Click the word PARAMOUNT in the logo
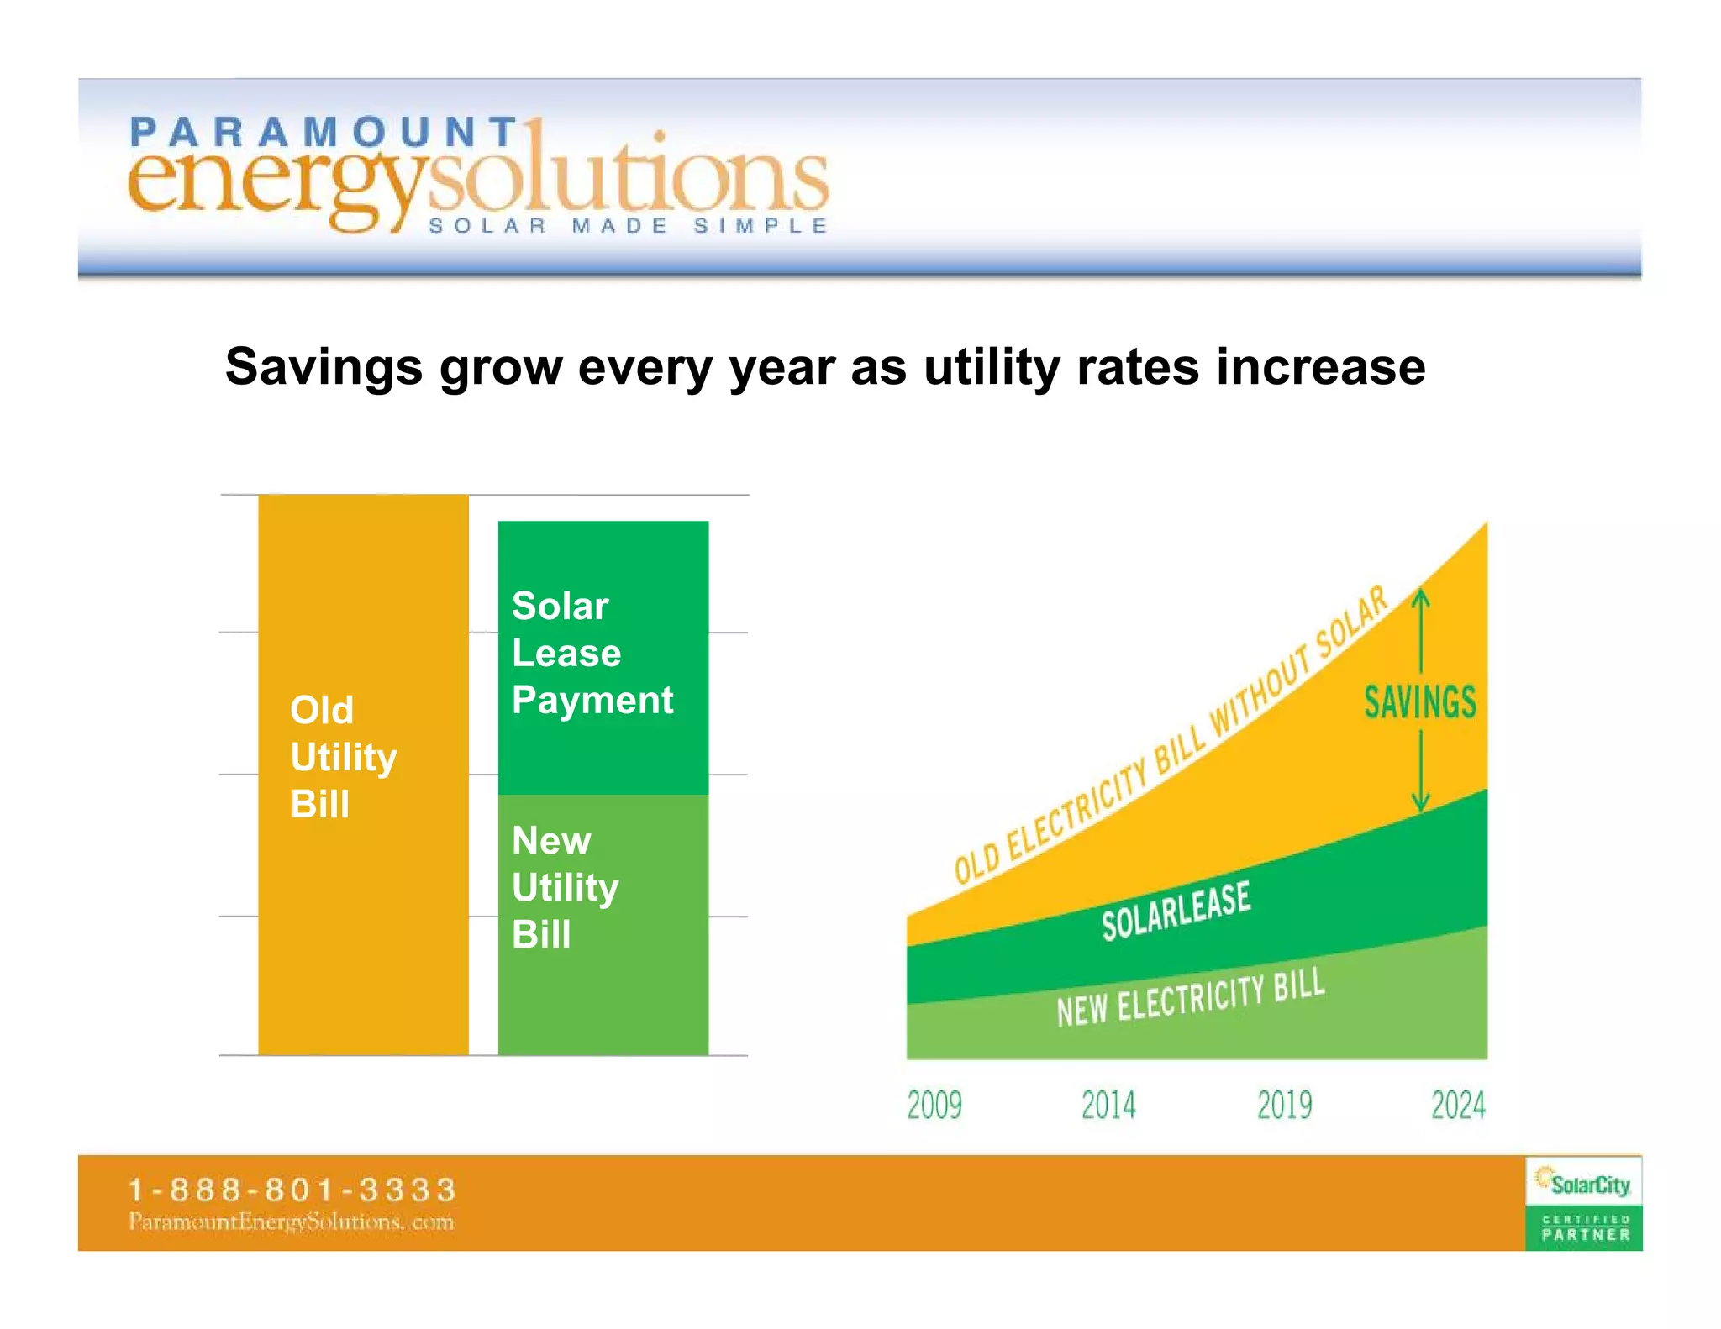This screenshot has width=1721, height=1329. click(324, 133)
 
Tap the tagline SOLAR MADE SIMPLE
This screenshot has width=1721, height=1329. click(629, 226)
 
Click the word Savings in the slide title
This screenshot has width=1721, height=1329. click(324, 368)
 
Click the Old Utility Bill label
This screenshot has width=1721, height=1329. click(343, 756)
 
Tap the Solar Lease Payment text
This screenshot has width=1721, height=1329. click(592, 653)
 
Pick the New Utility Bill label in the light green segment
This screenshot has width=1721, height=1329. click(565, 887)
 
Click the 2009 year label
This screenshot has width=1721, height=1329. click(934, 1105)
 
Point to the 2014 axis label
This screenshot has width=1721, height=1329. click(1108, 1105)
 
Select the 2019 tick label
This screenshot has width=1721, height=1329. click(1284, 1105)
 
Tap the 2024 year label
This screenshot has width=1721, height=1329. click(1459, 1105)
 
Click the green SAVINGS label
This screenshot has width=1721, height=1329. click(1420, 702)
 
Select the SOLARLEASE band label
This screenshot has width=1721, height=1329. click(1176, 911)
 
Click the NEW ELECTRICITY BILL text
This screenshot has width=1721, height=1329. click(1191, 997)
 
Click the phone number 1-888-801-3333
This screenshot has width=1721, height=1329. click(292, 1190)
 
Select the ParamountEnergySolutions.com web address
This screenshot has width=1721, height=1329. click(292, 1222)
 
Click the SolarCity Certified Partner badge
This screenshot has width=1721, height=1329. click(1584, 1203)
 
